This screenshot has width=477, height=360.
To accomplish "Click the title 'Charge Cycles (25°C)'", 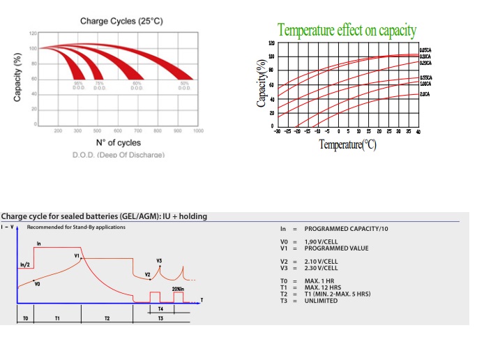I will [121, 22].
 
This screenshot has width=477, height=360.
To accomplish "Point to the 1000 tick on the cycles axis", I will [198, 130].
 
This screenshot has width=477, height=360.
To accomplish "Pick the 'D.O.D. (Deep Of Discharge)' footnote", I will [119, 154].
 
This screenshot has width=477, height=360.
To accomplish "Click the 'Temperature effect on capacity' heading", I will [347, 31].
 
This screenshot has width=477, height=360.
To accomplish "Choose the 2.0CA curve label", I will [425, 93].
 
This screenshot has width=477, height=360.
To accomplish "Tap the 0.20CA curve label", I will [425, 63].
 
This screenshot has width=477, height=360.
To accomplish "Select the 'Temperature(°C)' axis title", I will [348, 144].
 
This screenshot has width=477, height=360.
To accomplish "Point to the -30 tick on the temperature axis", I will [278, 131].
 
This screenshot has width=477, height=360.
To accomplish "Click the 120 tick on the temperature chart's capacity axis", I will [271, 43].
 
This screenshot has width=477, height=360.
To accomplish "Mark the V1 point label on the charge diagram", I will [77, 256].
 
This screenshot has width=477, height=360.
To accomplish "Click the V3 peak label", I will [159, 260].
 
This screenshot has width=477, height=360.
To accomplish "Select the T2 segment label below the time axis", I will [107, 317].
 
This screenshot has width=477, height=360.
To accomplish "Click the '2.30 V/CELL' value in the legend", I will [321, 268].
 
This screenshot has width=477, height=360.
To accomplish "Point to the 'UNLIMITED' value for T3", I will [321, 301].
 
